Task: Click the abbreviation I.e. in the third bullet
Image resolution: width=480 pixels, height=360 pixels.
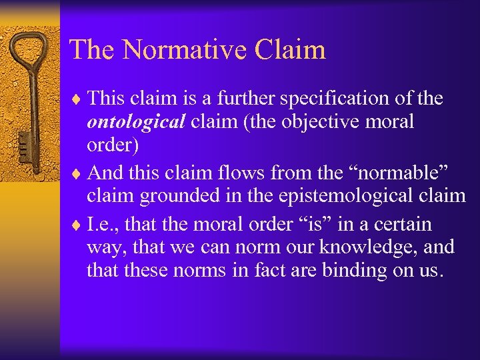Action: pos(103,224)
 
